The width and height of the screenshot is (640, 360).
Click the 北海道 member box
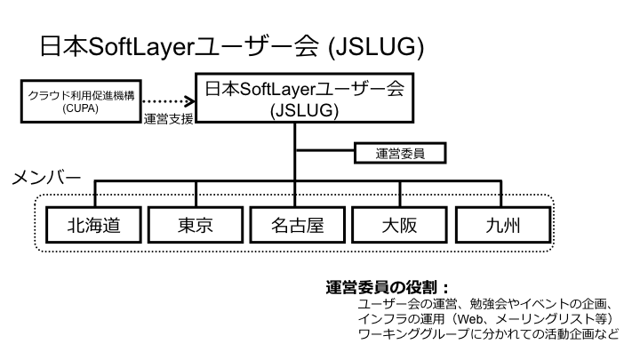(92, 223)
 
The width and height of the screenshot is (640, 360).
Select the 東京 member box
(195, 223)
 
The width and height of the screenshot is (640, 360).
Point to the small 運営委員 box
(401, 153)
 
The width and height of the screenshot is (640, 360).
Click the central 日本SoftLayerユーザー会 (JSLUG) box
(306, 100)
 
